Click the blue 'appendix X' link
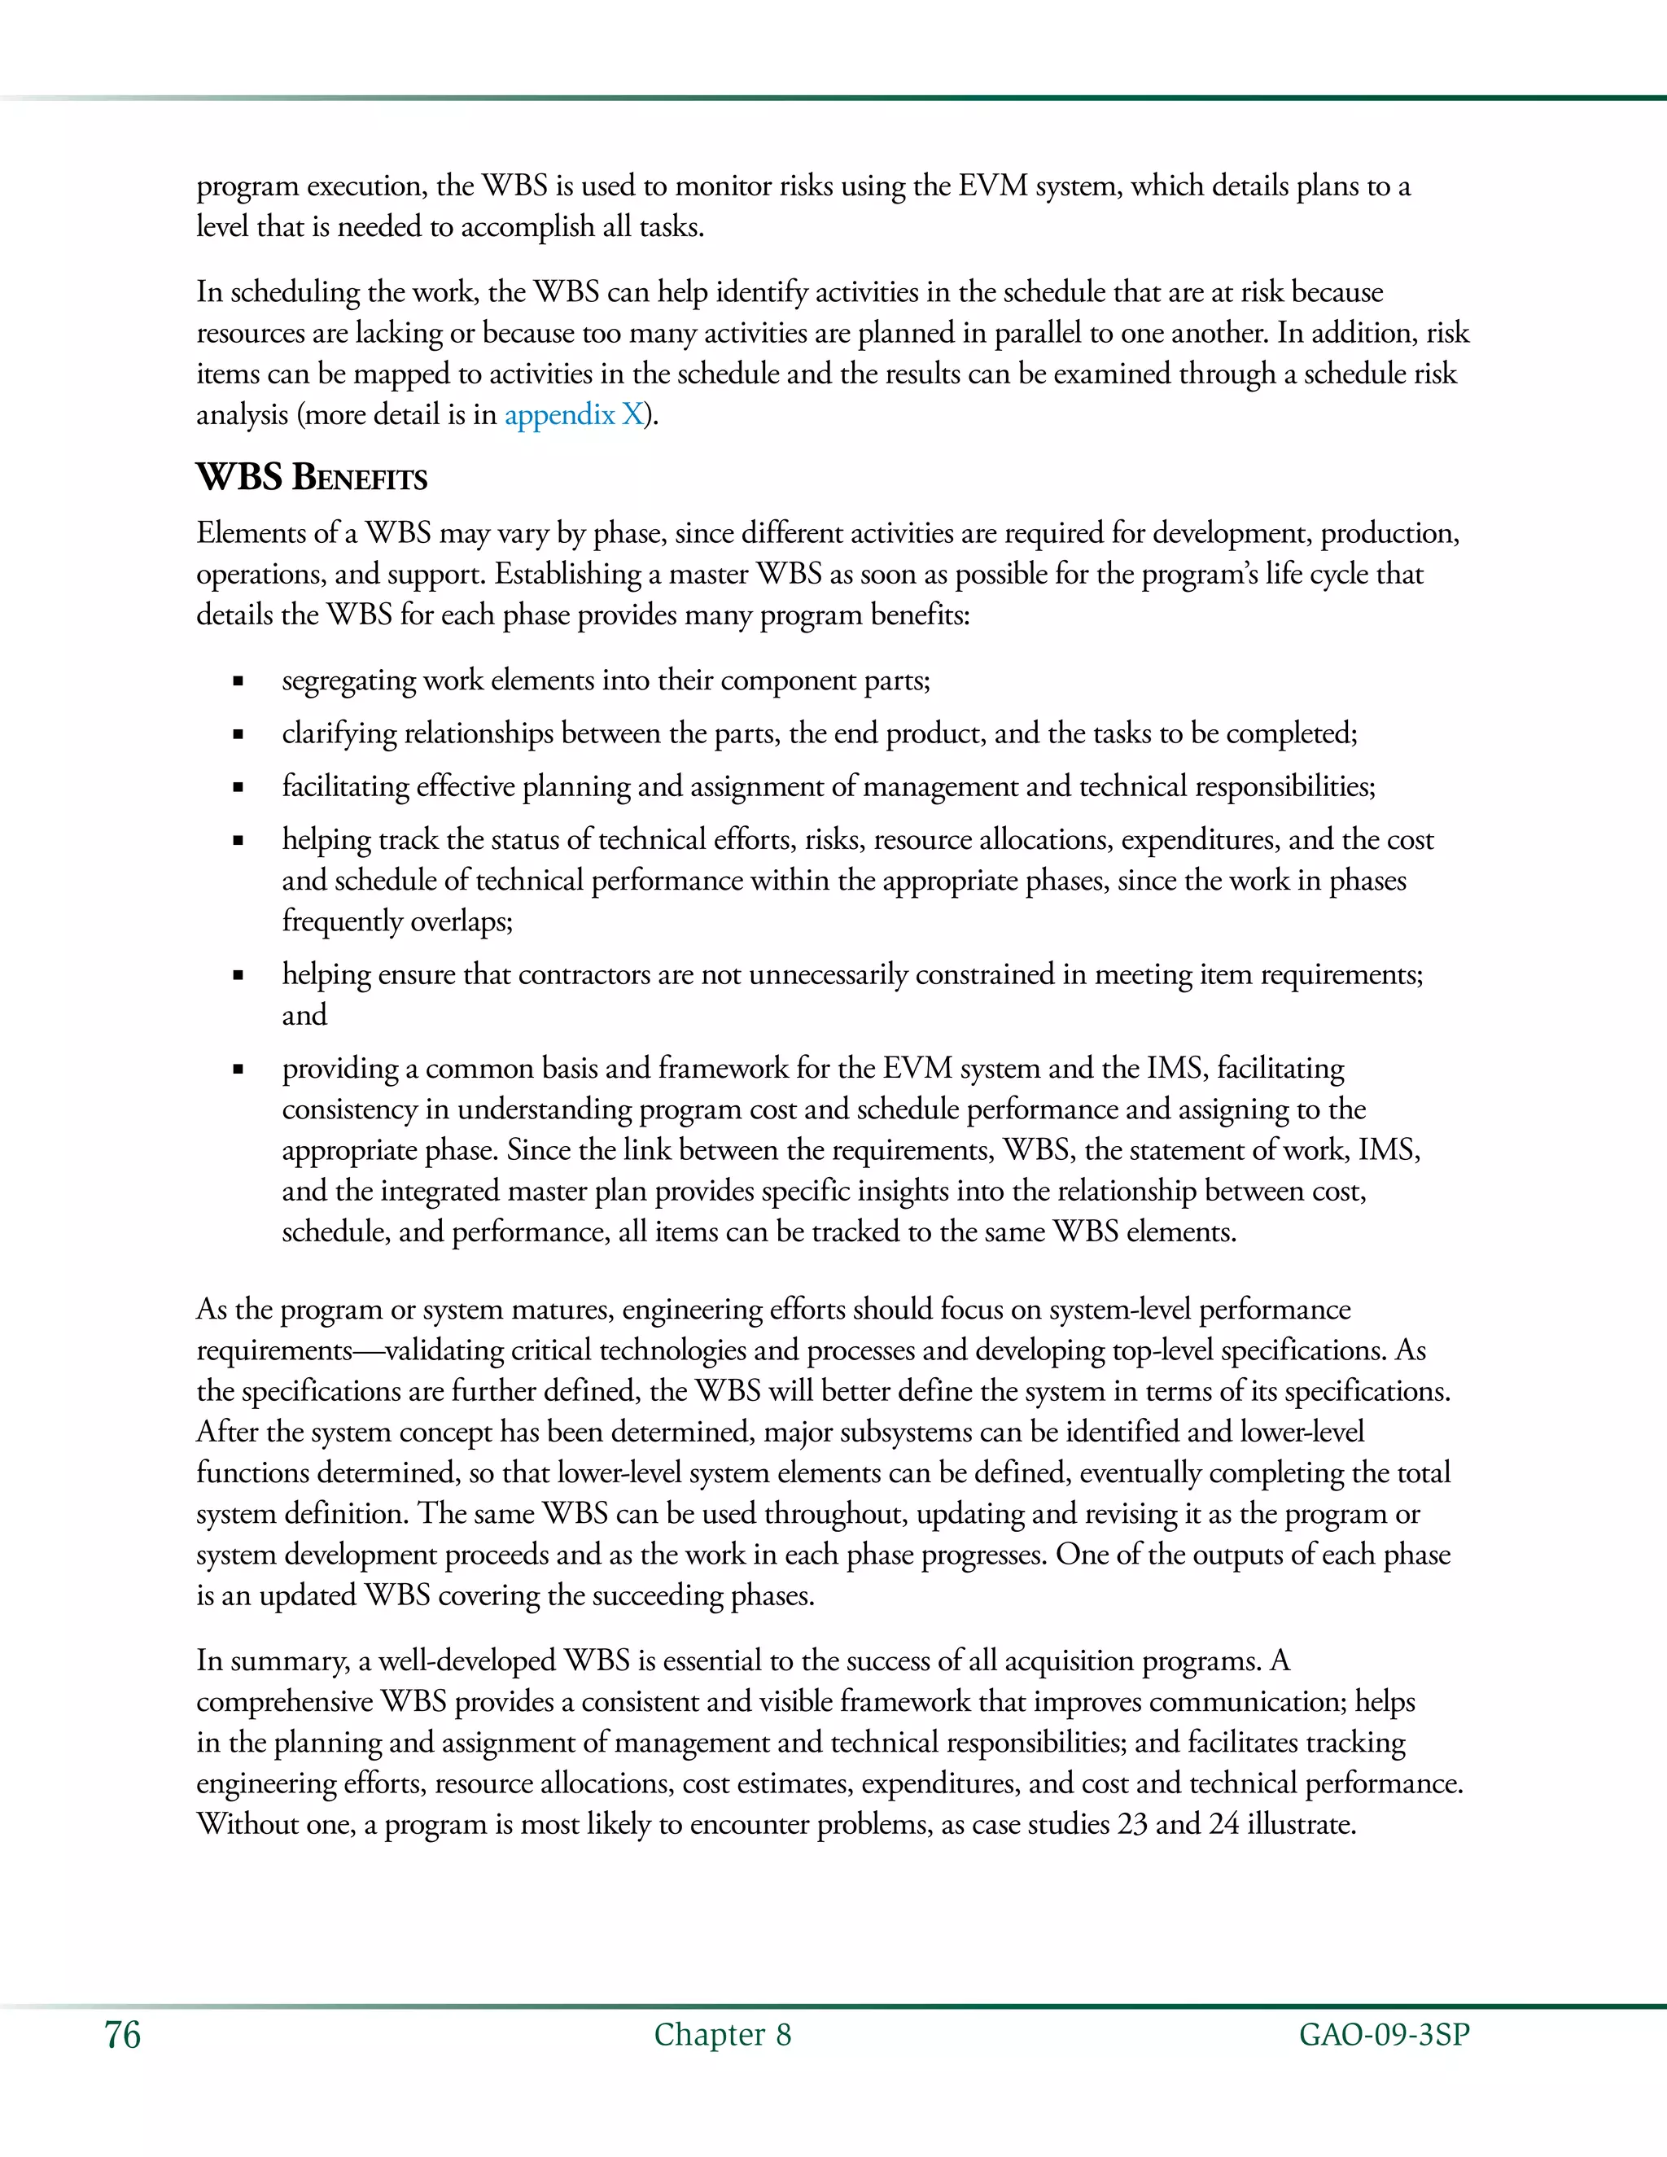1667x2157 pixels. point(574,415)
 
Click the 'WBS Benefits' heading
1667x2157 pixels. point(311,478)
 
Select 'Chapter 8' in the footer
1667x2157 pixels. point(722,2035)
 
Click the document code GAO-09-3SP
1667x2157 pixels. point(1384,2035)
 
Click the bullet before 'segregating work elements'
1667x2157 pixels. point(238,681)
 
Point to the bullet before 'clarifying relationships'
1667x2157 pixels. point(238,735)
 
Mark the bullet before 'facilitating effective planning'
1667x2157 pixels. point(238,788)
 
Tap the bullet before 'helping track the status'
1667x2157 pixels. point(238,842)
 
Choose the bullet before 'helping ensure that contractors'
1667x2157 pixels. point(238,976)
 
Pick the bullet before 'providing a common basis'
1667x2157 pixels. point(238,1070)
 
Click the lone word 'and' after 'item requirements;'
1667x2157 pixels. point(304,1015)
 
